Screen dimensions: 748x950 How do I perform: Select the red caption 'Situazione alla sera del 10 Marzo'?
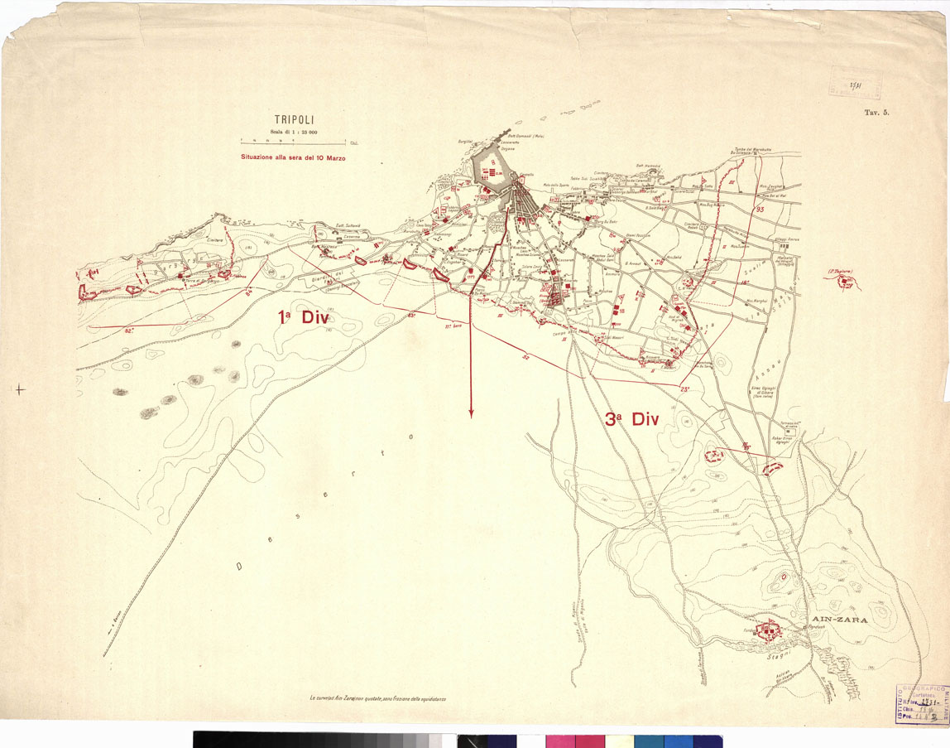293,157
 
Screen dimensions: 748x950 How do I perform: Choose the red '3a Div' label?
631,420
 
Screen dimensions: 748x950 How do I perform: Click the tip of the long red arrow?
471,415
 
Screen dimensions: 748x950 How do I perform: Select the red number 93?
760,210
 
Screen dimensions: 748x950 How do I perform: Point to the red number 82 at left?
128,330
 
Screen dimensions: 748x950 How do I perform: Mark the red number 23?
684,388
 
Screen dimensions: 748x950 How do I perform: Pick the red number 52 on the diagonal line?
526,356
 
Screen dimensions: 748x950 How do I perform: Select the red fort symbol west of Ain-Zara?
770,631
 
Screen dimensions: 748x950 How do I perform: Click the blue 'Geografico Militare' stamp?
920,704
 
